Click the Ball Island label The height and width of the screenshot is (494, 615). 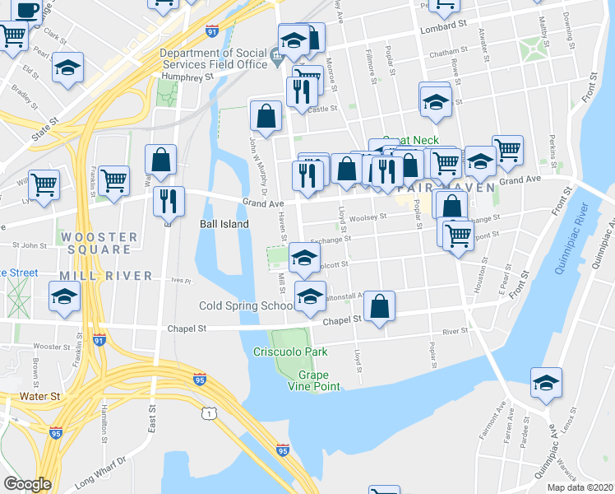(x=224, y=223)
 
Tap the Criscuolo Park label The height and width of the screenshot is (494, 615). (x=290, y=352)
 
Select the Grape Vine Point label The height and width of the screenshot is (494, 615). (x=314, y=380)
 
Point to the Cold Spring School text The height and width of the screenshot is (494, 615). (x=246, y=306)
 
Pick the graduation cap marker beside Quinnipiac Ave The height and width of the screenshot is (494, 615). (x=545, y=384)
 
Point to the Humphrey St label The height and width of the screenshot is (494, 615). (x=187, y=76)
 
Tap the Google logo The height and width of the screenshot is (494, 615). (x=27, y=484)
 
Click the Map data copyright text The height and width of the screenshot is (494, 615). (x=580, y=487)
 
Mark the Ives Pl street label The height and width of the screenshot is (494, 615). (x=181, y=280)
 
